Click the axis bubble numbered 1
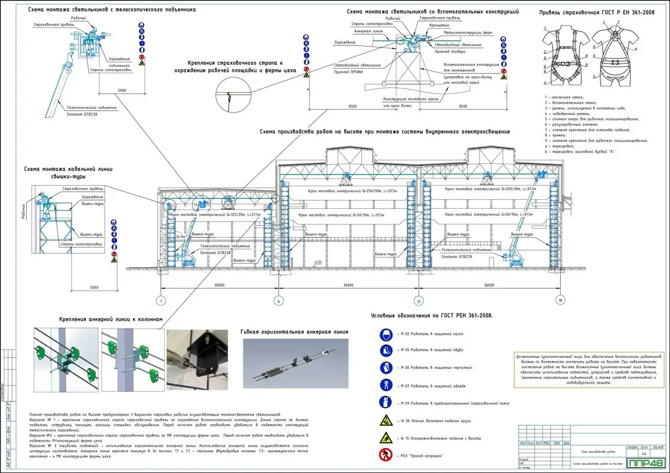[161, 301]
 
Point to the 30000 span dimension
[219, 285]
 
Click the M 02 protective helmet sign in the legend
[386, 334]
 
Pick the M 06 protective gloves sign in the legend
[386, 367]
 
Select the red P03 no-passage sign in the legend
[386, 455]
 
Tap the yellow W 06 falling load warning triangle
[386, 420]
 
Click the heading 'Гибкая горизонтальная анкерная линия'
[294, 332]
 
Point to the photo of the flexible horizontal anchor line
[295, 363]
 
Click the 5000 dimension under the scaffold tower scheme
[94, 288]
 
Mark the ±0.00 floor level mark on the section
[317, 262]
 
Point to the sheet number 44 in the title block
[644, 453]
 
